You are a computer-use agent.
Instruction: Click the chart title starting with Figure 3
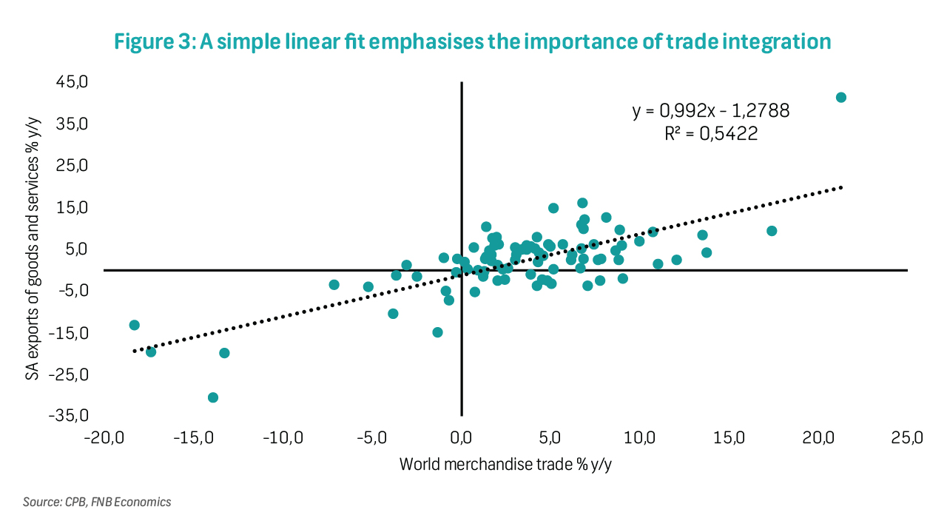point(473,41)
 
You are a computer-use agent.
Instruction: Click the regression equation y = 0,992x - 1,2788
point(710,111)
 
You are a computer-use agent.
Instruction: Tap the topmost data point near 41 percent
point(840,98)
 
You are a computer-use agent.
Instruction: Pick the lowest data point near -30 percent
point(213,397)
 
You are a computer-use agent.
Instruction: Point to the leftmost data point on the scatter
point(134,325)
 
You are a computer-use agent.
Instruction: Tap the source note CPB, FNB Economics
point(97,502)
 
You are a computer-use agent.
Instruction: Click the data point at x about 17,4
point(772,231)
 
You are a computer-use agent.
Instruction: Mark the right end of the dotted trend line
point(841,188)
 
